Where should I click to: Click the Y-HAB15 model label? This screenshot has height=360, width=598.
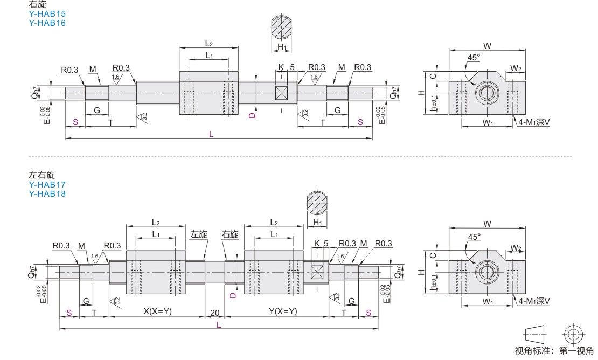click(47, 13)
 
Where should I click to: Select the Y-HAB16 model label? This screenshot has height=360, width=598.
click(47, 23)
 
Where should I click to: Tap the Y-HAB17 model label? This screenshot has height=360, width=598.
click(47, 184)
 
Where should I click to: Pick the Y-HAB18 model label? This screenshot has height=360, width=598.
click(47, 193)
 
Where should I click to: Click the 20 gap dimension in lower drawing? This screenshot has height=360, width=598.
click(215, 313)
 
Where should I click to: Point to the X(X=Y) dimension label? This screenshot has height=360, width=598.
click(157, 311)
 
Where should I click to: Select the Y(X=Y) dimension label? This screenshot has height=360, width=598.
click(283, 311)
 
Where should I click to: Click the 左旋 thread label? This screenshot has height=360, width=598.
click(199, 234)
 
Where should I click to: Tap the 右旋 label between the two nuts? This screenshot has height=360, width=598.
click(230, 234)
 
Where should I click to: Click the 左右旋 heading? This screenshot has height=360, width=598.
click(42, 175)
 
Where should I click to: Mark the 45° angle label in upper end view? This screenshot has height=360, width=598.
click(474, 57)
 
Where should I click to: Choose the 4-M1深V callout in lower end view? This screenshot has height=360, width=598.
click(534, 301)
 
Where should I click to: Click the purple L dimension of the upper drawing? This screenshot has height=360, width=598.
click(211, 134)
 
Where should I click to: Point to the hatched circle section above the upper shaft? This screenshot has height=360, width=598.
click(282, 28)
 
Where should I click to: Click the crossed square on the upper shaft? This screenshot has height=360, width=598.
click(281, 93)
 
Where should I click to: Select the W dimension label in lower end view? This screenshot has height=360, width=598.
click(488, 224)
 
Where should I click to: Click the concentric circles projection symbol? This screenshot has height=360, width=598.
click(573, 335)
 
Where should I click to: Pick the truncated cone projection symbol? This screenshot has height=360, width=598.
click(535, 335)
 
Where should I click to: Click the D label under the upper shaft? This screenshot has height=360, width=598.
click(252, 115)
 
